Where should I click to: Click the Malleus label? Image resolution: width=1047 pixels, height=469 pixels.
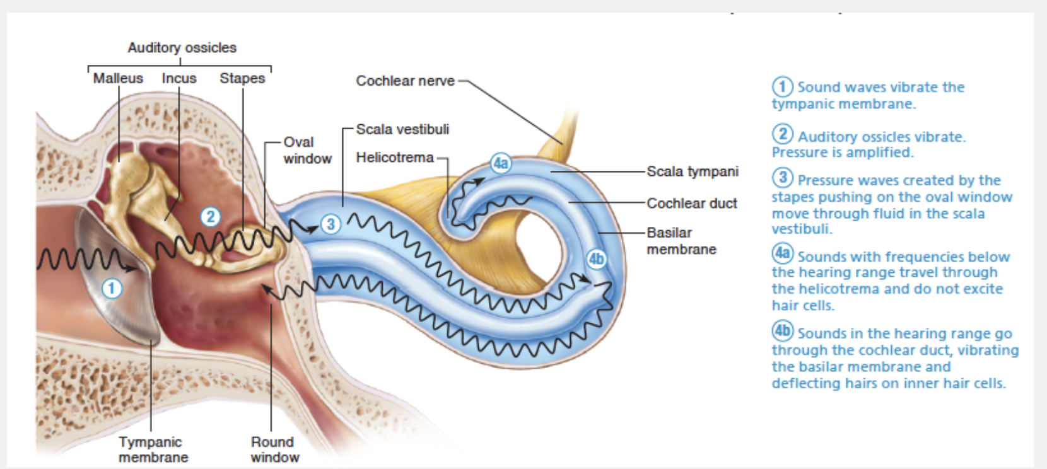[x=118, y=78]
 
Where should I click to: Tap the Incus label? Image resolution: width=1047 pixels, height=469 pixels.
[x=179, y=78]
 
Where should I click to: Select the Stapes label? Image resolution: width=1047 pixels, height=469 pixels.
[x=242, y=78]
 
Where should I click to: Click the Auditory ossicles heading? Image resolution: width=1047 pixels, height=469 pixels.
[x=182, y=48]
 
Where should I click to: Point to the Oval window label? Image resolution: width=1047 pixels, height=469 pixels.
[x=307, y=150]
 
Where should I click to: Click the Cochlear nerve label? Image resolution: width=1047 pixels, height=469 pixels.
[x=405, y=81]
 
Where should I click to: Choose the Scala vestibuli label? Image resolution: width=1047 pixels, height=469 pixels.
[x=402, y=129]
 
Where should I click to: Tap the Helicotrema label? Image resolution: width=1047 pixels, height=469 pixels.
[x=395, y=157]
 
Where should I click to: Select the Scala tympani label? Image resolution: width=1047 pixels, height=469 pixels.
[x=693, y=171]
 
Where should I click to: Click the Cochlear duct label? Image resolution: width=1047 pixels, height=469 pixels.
[x=692, y=203]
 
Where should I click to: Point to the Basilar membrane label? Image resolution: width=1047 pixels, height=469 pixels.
[x=681, y=241]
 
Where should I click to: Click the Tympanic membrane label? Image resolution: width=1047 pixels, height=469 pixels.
[x=153, y=449]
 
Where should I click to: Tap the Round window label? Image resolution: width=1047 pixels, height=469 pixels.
[x=274, y=449]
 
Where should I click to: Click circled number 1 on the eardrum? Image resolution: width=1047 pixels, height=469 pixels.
[x=112, y=289]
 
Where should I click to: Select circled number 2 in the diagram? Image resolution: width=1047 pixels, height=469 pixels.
[x=211, y=217]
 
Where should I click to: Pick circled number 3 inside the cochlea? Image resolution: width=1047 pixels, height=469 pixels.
[x=330, y=224]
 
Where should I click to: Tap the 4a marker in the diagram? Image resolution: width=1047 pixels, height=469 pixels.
[x=501, y=163]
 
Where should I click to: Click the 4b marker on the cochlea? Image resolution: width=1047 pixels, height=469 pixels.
[x=596, y=258]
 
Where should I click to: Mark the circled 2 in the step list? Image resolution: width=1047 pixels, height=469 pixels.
[x=783, y=134]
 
